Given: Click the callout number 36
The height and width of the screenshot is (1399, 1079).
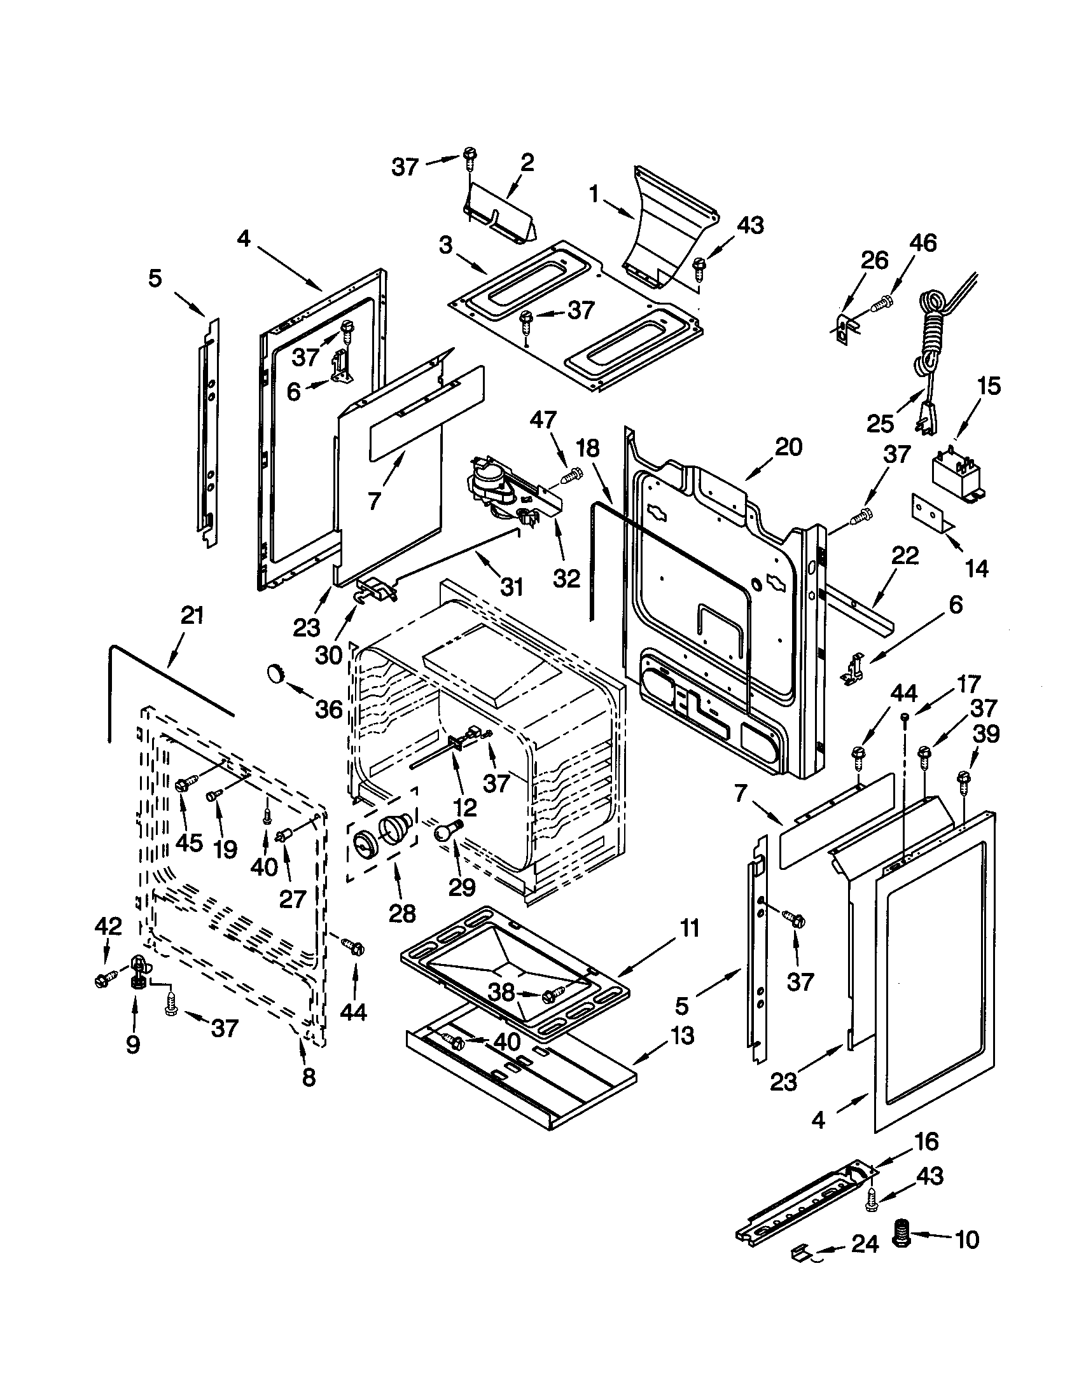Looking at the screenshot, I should click(328, 709).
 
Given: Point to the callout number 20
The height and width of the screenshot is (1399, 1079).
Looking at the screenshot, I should click(788, 446).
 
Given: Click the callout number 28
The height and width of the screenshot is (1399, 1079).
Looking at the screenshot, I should click(401, 913).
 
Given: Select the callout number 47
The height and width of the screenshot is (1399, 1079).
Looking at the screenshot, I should click(543, 420).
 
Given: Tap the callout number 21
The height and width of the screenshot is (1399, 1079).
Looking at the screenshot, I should click(191, 616).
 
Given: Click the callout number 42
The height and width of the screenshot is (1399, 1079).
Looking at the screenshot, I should click(108, 926).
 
